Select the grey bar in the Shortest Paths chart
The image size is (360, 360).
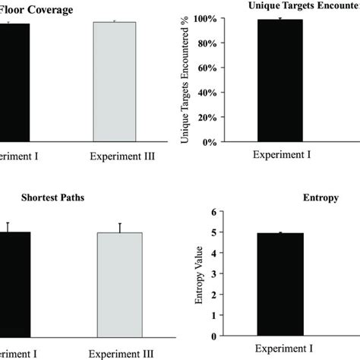120,284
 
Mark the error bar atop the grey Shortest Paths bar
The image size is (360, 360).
120,227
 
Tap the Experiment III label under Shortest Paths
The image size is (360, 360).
120,353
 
